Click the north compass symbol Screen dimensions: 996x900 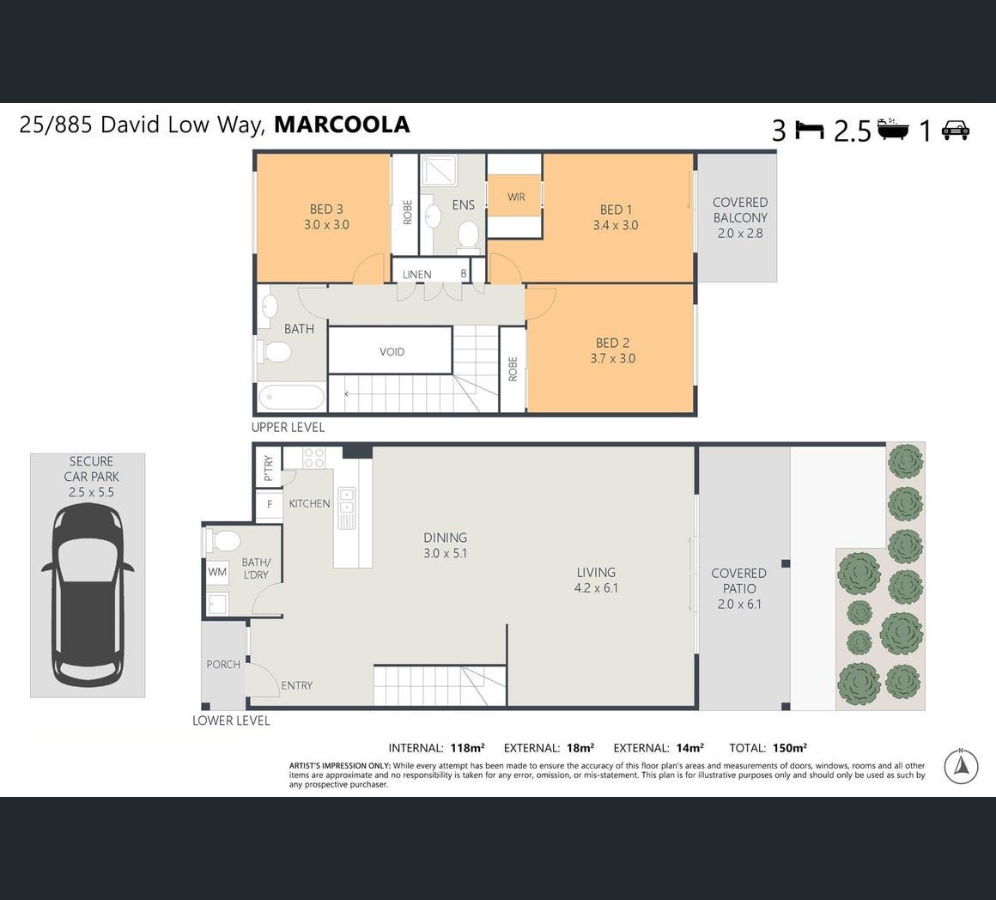click(x=961, y=766)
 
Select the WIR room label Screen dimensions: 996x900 click(x=516, y=197)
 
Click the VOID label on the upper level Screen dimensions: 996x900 click(x=392, y=351)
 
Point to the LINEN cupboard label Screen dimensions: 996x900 click(x=416, y=275)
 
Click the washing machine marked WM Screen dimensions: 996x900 click(x=217, y=572)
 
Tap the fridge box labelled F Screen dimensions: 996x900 click(x=270, y=504)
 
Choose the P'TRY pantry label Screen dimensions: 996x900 click(x=268, y=468)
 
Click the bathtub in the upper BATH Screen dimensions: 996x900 click(x=292, y=398)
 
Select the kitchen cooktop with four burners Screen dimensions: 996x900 click(x=313, y=458)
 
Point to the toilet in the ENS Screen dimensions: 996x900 click(x=467, y=235)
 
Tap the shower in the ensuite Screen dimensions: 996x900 click(x=438, y=169)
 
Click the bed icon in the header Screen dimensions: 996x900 click(x=809, y=130)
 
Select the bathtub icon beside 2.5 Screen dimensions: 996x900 click(x=892, y=128)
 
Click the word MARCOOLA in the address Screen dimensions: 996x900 click(x=342, y=125)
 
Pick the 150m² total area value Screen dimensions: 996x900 click(x=790, y=747)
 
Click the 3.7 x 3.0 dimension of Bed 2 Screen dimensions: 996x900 click(x=612, y=358)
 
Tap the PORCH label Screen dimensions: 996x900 click(x=223, y=665)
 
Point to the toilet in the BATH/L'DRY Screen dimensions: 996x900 click(x=222, y=541)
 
